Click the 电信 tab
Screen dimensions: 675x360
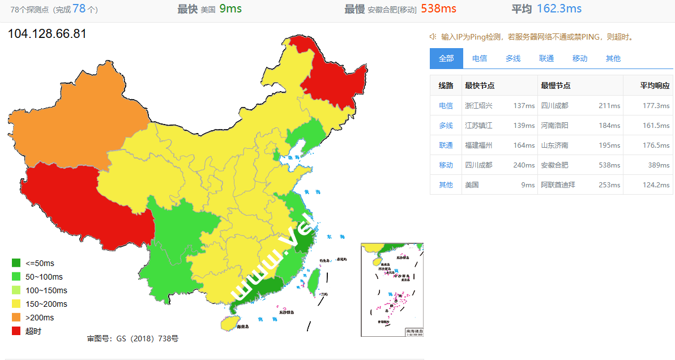(x=480, y=58)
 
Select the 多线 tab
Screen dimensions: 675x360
(x=513, y=58)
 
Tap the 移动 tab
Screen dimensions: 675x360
(x=580, y=58)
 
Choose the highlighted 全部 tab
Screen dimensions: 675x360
(x=446, y=58)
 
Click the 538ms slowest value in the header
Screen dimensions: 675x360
(x=438, y=8)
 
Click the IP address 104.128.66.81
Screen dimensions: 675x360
(x=47, y=34)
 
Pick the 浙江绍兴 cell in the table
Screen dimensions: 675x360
(x=479, y=106)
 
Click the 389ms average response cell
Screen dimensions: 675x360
(x=660, y=165)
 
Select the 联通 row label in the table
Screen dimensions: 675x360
(x=446, y=145)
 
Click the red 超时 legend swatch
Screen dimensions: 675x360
(x=16, y=331)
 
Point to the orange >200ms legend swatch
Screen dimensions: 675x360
(x=16, y=318)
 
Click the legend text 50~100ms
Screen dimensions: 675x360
(x=44, y=277)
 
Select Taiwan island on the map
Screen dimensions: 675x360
(x=313, y=281)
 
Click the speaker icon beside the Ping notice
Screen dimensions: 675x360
(x=433, y=37)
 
